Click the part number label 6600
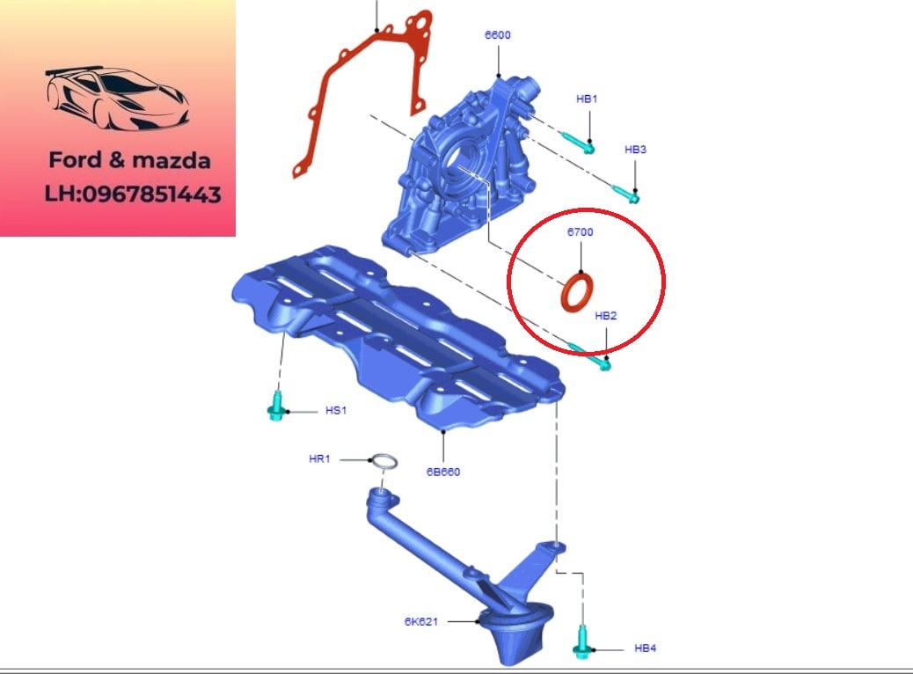click(497, 35)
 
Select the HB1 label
click(587, 99)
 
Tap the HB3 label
click(635, 150)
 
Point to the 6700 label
click(580, 231)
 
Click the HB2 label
click(605, 316)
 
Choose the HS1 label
click(336, 411)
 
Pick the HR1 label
click(319, 459)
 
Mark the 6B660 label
click(443, 472)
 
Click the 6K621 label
click(421, 621)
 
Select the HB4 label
click(645, 648)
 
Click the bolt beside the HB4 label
click(582, 643)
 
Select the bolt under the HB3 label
click(625, 194)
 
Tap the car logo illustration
click(117, 98)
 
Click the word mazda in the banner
click(172, 161)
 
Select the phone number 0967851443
click(151, 194)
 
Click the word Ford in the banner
click(75, 160)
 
